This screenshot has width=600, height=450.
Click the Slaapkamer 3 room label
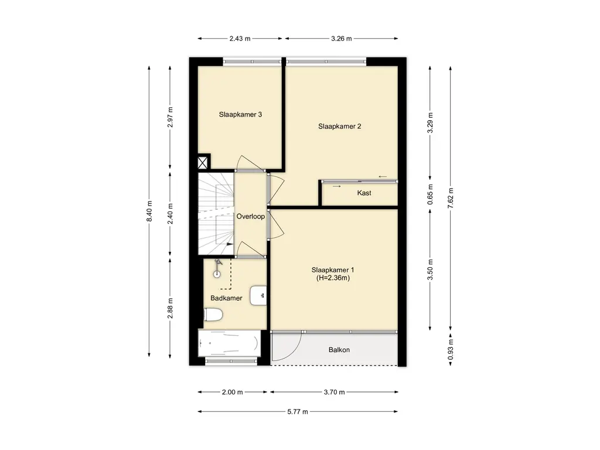pyautogui.click(x=240, y=114)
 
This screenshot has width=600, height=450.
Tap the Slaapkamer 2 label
pyautogui.click(x=339, y=127)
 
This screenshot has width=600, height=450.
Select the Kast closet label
pyautogui.click(x=364, y=193)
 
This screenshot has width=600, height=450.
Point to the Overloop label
pyautogui.click(x=251, y=217)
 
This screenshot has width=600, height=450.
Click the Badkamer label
pyautogui.click(x=226, y=298)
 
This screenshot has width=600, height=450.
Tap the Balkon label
pyautogui.click(x=339, y=350)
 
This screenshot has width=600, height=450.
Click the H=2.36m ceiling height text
pyautogui.click(x=333, y=278)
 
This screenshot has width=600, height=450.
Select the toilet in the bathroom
pyautogui.click(x=213, y=315)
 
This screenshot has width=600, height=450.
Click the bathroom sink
pyautogui.click(x=258, y=295)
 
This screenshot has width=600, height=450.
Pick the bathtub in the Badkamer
pyautogui.click(x=230, y=343)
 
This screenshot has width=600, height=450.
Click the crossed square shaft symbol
pyautogui.click(x=202, y=163)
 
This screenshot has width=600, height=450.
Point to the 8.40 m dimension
pyautogui.click(x=149, y=211)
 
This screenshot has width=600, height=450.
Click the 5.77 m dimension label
pyautogui.click(x=298, y=412)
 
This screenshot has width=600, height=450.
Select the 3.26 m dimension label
pyautogui.click(x=342, y=38)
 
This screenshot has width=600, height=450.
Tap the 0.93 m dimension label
pyautogui.click(x=451, y=350)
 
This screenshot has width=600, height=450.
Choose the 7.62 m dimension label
pyautogui.click(x=451, y=198)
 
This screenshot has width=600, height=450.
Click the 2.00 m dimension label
pyautogui.click(x=232, y=392)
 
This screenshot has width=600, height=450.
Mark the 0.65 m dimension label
pyautogui.click(x=430, y=194)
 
